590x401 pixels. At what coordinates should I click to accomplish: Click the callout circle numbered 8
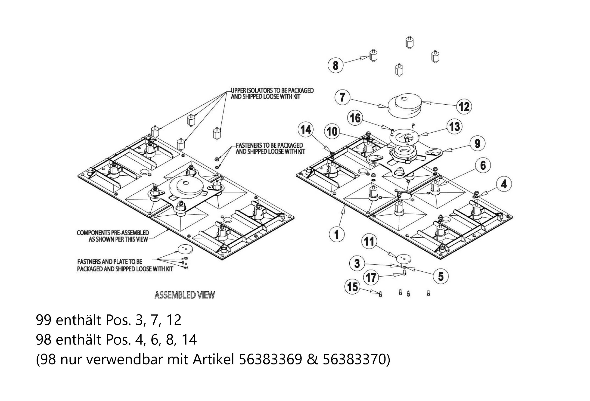335,65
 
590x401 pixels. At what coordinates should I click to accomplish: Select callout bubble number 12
464,106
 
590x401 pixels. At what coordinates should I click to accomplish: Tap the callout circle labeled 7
342,97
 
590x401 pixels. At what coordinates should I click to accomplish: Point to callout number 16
355,118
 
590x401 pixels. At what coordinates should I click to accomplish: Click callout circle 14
306,130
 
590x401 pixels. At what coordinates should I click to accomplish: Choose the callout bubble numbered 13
454,127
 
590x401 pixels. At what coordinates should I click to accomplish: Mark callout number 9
477,143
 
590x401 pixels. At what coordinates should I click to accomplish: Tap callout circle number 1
337,234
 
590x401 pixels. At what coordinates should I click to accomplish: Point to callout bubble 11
369,241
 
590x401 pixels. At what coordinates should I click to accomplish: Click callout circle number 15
352,287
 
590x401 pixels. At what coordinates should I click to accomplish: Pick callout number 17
371,277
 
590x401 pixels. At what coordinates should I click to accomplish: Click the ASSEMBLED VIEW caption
185,295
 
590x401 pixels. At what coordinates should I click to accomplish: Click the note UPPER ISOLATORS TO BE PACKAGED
272,91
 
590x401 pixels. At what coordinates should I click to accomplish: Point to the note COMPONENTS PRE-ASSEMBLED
113,233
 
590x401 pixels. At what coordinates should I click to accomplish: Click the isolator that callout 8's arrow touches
373,55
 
